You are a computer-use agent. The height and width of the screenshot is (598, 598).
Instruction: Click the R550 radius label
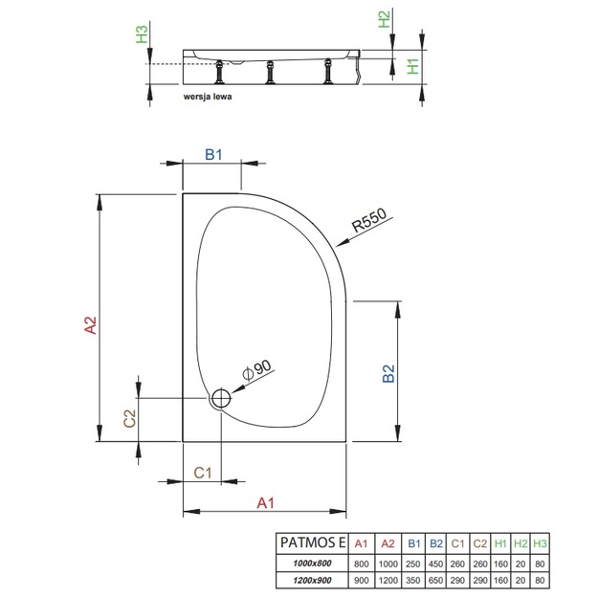pos(368,220)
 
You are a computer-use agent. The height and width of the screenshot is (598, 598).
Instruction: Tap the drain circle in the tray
pos(221,398)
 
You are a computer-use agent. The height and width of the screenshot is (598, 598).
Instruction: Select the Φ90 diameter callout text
pos(257,370)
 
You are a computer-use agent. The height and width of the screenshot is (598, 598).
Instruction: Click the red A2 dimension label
pos(91,325)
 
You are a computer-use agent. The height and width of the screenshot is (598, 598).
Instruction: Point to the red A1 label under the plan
pos(265,503)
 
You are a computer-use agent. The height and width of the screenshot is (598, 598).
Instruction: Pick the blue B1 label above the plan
pos(213,154)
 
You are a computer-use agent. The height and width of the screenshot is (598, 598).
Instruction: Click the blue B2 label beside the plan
pos(388,373)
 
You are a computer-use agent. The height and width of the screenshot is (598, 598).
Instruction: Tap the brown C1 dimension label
pos(202,473)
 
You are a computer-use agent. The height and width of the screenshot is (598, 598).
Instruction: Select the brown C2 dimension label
pos(130,418)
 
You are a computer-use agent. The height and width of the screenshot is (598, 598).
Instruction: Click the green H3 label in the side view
pos(142,33)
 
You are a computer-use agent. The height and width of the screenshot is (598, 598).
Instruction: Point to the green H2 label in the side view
pos(384,19)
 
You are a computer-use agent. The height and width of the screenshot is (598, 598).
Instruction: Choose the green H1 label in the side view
pos(413,66)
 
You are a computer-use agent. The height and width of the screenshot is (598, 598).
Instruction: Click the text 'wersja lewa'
pos(208,97)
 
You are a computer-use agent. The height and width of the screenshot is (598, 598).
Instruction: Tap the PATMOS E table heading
pos(313,543)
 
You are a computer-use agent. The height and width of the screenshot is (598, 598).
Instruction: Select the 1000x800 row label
pos(312,564)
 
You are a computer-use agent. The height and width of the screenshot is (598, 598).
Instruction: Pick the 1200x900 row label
pos(312,581)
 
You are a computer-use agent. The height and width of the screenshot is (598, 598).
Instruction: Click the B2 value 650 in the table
pos(436,581)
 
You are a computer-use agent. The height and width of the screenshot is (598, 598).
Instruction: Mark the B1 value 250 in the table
pos(413,564)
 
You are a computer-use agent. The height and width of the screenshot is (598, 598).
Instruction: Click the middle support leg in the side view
pos(270,72)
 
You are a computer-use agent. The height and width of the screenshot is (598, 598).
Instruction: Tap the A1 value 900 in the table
pos(361,581)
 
